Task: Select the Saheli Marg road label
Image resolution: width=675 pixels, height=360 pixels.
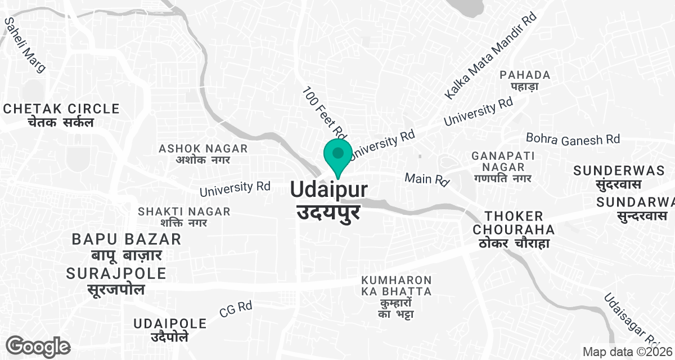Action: coord(25,44)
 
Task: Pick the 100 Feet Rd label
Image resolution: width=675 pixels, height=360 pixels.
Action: coord(323,112)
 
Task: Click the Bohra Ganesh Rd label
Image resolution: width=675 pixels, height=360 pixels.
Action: coord(573,139)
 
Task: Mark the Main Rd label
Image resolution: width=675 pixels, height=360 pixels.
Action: coord(427,180)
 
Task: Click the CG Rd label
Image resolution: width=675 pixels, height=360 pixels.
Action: coord(236,308)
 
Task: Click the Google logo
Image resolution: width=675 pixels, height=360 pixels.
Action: coord(38,346)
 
